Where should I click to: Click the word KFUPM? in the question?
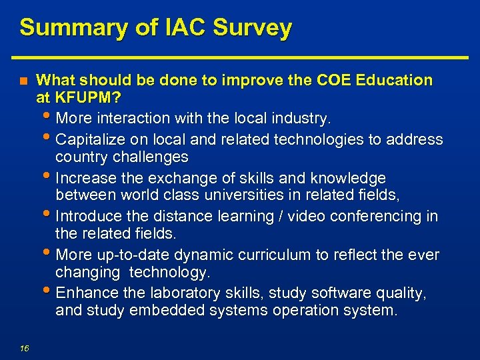click(x=87, y=99)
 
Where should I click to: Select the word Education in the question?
click(x=395, y=81)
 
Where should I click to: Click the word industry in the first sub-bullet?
click(x=303, y=119)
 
